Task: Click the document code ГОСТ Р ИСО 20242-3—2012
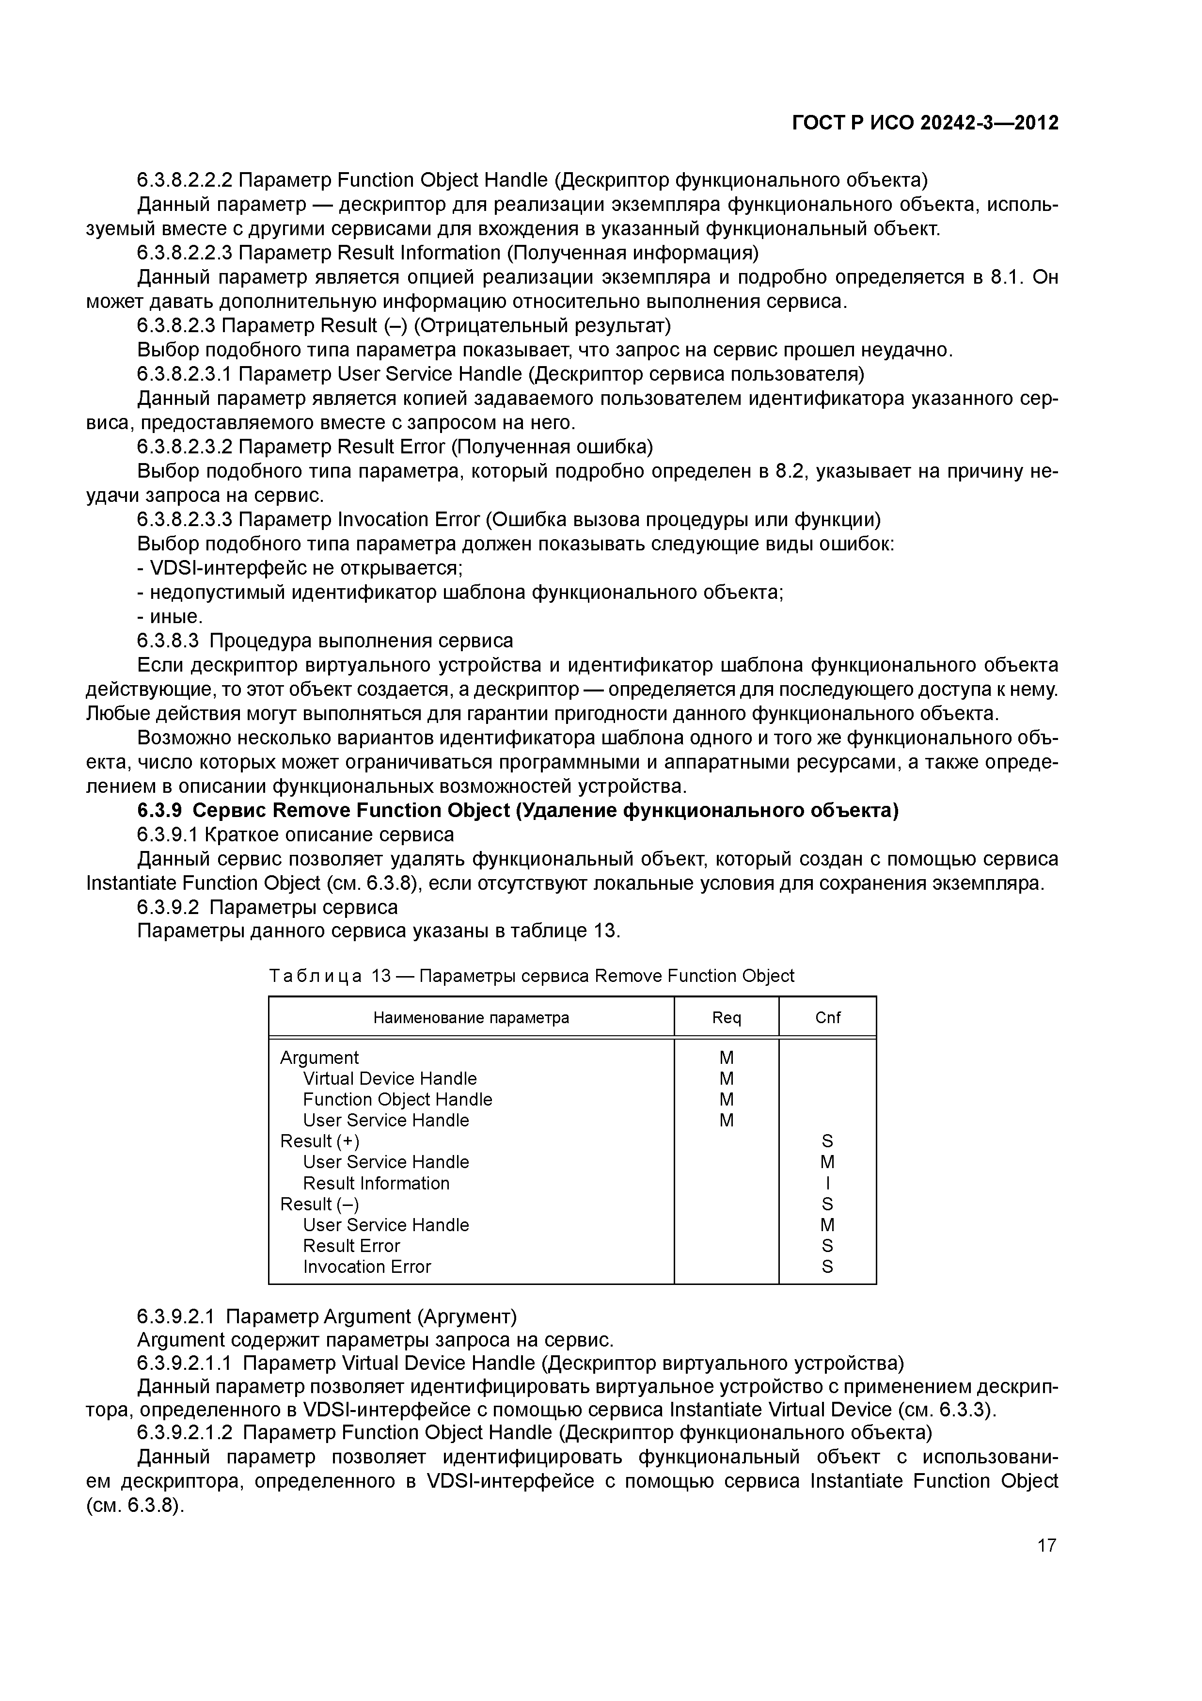(x=925, y=123)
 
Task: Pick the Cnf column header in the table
(x=827, y=1017)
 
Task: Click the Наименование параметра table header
(x=471, y=1017)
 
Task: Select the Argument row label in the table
(x=319, y=1057)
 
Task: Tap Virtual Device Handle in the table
(x=390, y=1078)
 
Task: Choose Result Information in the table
(x=376, y=1183)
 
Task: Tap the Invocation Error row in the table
(x=366, y=1267)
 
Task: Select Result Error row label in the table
(x=351, y=1246)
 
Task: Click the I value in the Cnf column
(x=827, y=1183)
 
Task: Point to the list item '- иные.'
(x=170, y=616)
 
